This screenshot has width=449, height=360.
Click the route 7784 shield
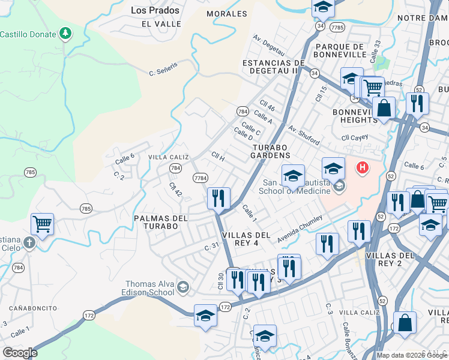[x=200, y=178]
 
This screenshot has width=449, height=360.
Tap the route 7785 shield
[x=337, y=27]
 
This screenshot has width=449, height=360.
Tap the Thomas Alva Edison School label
[x=150, y=289]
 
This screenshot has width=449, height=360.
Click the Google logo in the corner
[x=20, y=353]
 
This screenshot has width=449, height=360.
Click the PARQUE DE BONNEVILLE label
[x=340, y=50]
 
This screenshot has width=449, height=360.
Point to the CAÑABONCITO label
[x=30, y=308]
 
